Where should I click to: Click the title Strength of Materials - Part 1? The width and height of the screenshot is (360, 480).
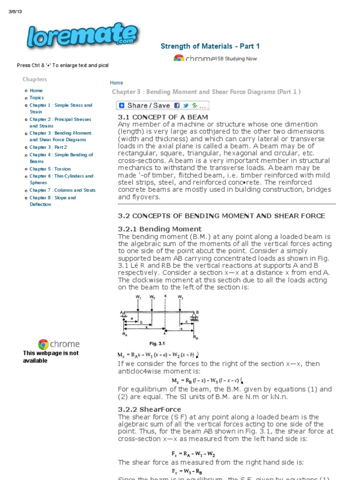210,46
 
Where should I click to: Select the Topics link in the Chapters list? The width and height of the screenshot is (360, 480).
37,98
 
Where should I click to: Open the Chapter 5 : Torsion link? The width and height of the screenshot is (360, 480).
50,169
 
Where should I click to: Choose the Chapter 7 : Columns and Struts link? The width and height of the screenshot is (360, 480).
62,190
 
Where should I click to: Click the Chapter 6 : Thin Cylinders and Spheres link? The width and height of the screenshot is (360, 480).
61,179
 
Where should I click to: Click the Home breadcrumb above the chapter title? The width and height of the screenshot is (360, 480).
116,82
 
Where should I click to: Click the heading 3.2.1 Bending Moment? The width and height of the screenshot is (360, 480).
153,229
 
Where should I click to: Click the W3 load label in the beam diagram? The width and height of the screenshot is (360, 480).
180,297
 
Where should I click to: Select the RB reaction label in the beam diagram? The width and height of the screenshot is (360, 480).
195,336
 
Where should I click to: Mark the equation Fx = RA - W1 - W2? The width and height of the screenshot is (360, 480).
193,454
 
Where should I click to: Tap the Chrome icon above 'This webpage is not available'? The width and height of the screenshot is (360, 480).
44,345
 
